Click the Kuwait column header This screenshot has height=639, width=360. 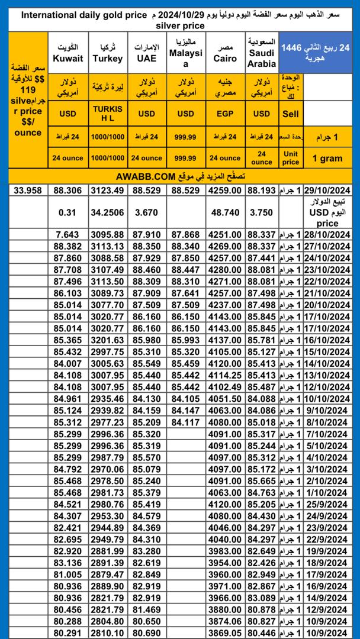coord(68,53)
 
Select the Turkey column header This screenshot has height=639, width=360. coord(108,53)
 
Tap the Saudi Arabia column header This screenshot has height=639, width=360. coord(261,53)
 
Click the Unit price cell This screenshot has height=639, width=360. coord(291,158)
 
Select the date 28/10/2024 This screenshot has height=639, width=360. coord(328,235)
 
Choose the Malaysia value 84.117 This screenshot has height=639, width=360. coord(186,422)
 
